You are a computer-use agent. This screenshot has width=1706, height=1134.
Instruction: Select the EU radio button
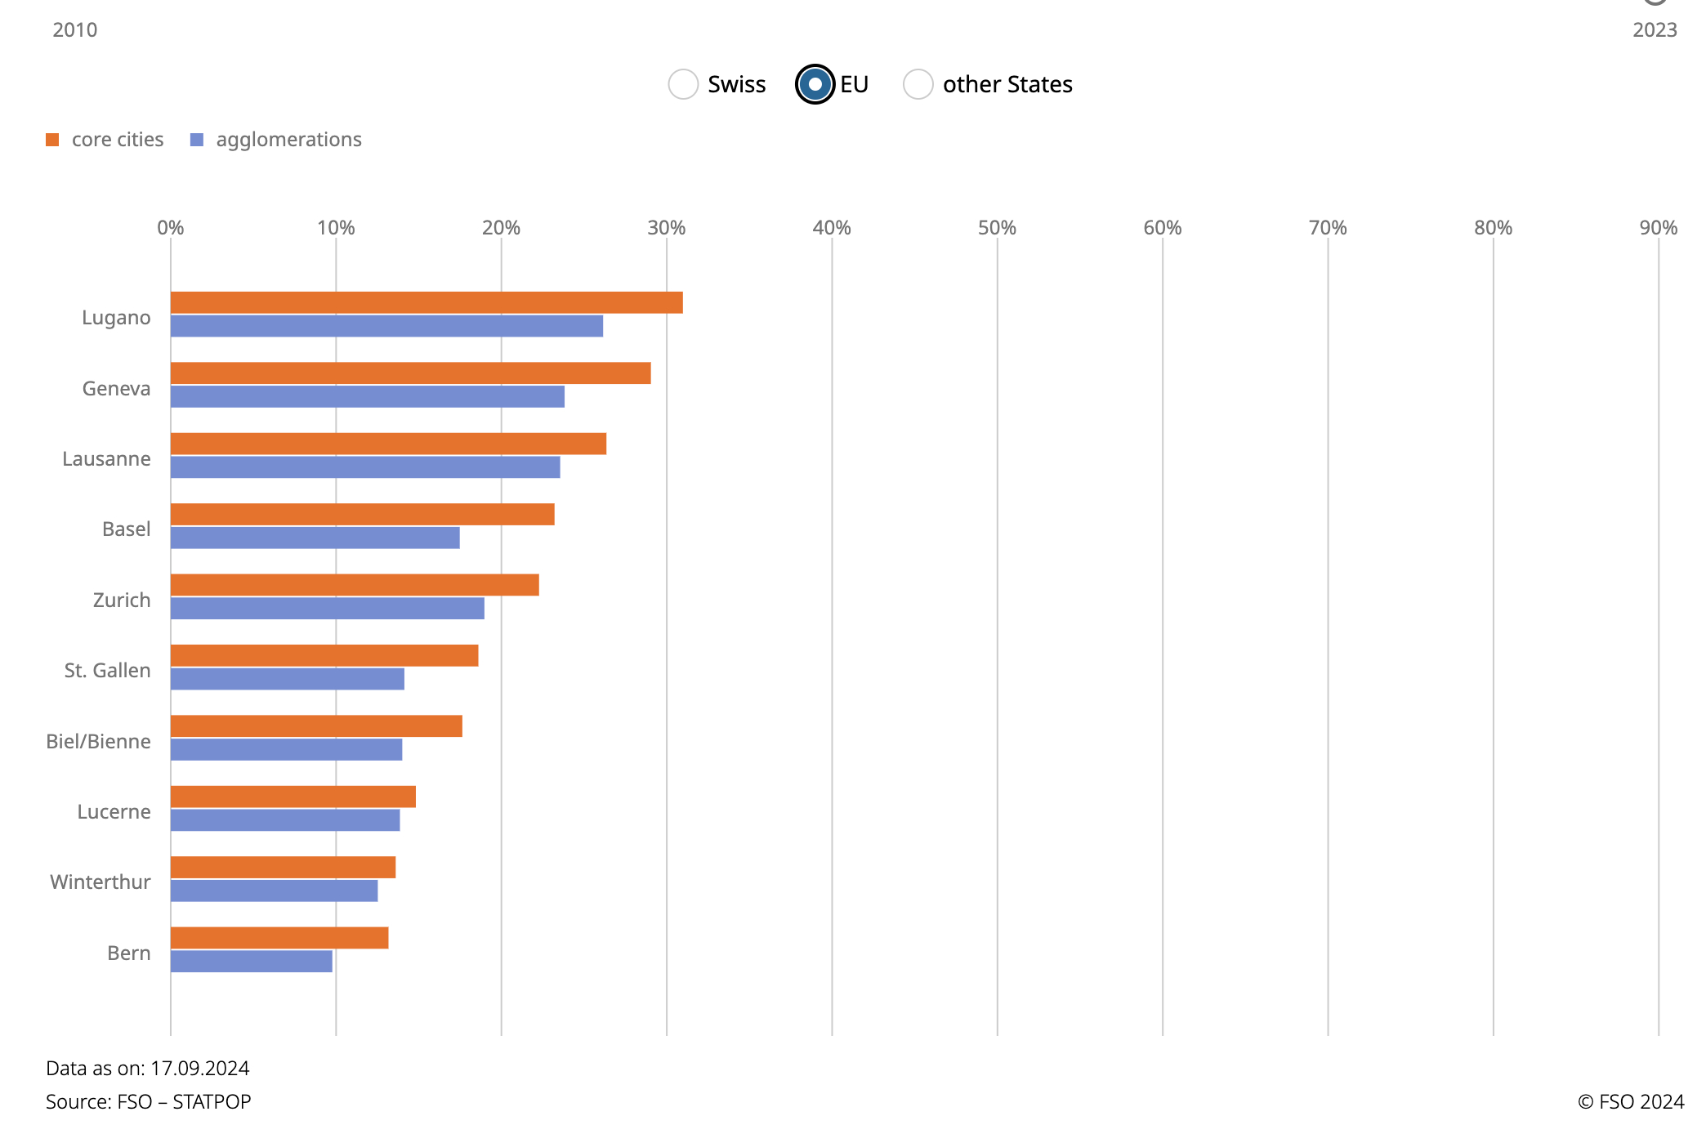815,84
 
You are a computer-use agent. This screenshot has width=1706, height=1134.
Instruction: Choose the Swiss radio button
683,84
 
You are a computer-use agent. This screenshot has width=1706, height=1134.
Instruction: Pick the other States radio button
918,84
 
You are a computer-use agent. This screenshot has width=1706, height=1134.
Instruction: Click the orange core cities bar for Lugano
426,303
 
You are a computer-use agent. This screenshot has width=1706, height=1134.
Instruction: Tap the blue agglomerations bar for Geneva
368,397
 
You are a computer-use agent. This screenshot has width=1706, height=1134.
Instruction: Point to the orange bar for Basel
362,515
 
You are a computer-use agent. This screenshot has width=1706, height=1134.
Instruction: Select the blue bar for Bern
252,962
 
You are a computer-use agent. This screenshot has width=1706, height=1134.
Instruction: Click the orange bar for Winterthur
283,868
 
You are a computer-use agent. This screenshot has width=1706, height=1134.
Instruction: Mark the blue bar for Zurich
327,609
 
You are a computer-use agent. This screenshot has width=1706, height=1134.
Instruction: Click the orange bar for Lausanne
388,444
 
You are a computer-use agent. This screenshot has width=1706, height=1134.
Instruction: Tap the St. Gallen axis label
107,671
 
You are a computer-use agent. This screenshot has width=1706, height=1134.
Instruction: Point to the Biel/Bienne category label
98,742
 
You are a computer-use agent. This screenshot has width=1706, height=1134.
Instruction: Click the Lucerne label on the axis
114,812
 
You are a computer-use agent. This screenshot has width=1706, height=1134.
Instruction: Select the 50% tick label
997,228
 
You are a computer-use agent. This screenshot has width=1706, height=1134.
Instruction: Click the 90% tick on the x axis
1658,228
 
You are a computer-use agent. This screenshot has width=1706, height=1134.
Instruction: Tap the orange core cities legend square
52,140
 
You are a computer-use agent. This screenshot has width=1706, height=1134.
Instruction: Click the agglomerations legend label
288,140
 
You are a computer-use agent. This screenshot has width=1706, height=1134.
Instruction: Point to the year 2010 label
74,30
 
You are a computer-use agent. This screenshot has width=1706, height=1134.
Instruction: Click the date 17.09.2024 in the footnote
199,1069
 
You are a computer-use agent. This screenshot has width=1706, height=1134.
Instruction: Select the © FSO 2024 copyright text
1630,1102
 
